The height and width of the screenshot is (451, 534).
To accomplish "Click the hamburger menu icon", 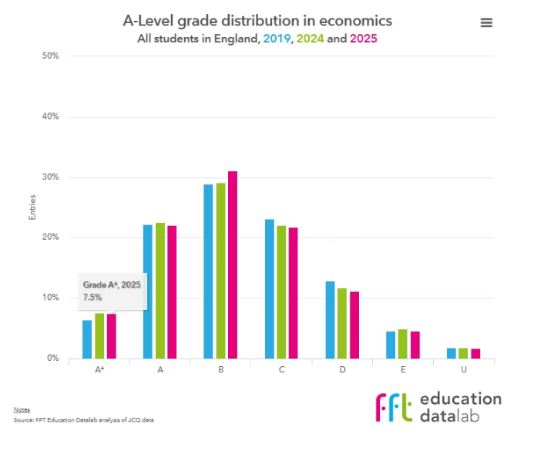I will [x=486, y=23].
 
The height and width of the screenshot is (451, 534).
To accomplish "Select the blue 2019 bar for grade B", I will [x=208, y=271].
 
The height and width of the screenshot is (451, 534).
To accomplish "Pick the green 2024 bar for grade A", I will [x=160, y=291].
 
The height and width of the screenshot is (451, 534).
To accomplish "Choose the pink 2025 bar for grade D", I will [x=354, y=325].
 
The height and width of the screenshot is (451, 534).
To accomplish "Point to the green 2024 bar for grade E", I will [x=402, y=344].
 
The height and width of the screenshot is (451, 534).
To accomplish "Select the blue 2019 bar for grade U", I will [x=452, y=353].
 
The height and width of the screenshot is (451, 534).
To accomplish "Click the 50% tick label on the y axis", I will [x=51, y=56].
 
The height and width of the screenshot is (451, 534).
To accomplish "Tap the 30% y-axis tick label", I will [x=51, y=177].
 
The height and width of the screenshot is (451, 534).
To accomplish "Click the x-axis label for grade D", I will [x=342, y=370].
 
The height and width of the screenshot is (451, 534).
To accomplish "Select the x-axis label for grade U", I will [x=464, y=370].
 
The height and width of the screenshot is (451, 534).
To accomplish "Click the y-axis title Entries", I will [x=32, y=207].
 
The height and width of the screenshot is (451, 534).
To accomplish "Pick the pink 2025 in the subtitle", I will [x=363, y=37].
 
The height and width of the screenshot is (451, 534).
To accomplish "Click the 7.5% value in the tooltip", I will [x=92, y=297].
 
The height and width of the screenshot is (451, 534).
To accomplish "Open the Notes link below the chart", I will [x=21, y=409].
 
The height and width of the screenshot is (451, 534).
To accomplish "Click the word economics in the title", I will [x=339, y=20].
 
